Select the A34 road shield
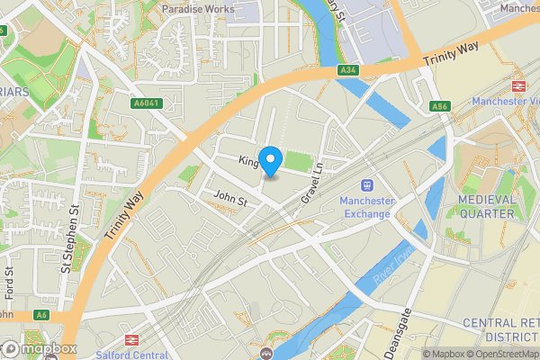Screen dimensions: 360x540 [x=349, y=69]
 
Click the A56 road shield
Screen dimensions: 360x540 [x=439, y=106]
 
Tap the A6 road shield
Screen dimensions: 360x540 [x=40, y=315]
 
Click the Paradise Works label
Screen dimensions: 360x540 [x=198, y=8]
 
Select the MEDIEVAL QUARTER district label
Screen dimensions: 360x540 [x=486, y=206]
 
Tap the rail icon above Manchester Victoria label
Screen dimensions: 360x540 [x=518, y=86]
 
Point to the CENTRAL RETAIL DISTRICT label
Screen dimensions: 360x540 [x=500, y=329]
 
